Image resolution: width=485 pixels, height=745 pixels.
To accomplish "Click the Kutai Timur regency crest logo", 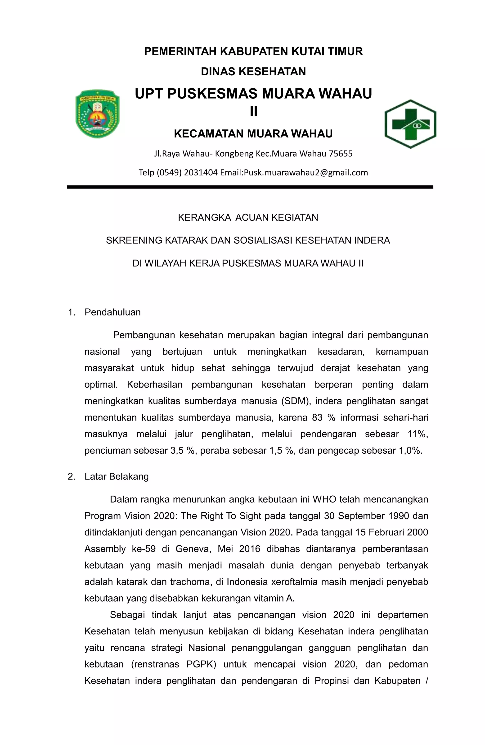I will [97, 114].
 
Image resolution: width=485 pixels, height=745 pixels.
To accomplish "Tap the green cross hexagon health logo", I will [410, 124].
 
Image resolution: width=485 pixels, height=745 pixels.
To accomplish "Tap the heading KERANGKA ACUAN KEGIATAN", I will [248, 218].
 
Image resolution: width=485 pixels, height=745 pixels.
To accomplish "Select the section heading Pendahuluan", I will [112, 312].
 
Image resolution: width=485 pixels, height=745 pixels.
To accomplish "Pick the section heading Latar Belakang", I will [116, 476].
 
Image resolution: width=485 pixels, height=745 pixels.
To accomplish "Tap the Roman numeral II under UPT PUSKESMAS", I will [253, 111].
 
